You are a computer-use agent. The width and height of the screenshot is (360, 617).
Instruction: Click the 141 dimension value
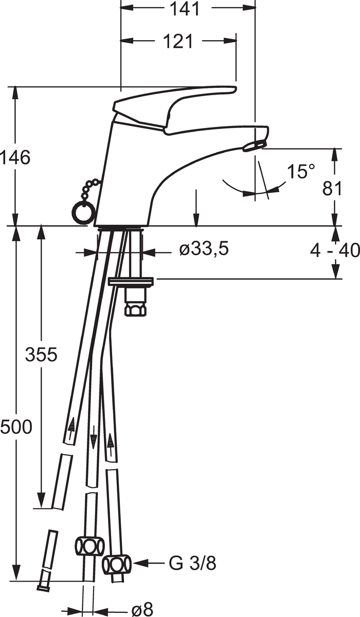[x=185, y=9]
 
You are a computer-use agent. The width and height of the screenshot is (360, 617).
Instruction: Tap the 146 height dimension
[x=15, y=158]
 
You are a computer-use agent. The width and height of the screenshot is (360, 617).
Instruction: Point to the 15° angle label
[x=301, y=171]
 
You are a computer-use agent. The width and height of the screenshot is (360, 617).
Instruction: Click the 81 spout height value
[x=332, y=189]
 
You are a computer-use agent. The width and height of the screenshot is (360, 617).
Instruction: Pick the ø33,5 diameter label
[x=204, y=249]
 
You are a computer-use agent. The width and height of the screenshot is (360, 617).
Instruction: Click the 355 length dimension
[x=41, y=354]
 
